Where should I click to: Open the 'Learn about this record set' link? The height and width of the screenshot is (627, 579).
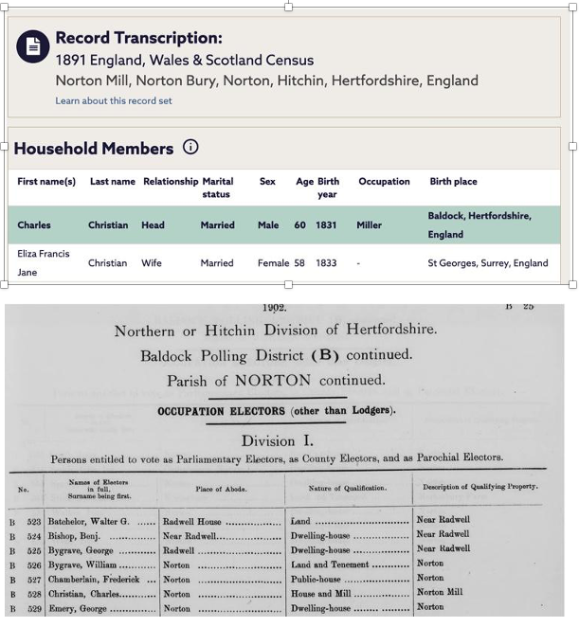[114, 101]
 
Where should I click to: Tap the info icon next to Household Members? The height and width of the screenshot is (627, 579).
[190, 147]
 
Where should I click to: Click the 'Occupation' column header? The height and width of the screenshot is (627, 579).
[384, 182]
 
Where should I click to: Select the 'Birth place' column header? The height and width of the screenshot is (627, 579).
[453, 182]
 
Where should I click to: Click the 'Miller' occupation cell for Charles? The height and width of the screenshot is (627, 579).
[369, 225]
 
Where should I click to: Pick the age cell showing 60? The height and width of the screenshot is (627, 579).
[299, 225]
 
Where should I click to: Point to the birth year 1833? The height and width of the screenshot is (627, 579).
[326, 263]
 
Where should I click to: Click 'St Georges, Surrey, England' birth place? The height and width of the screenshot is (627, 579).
[487, 263]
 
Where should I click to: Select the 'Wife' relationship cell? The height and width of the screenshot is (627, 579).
[152, 263]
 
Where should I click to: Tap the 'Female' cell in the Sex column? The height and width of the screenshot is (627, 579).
[273, 263]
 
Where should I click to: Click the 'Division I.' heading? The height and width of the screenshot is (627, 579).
[276, 440]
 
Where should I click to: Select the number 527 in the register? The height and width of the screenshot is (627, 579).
[34, 579]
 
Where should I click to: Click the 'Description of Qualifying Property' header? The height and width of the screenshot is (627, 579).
[477, 487]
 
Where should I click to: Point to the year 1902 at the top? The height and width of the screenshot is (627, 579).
[275, 308]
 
